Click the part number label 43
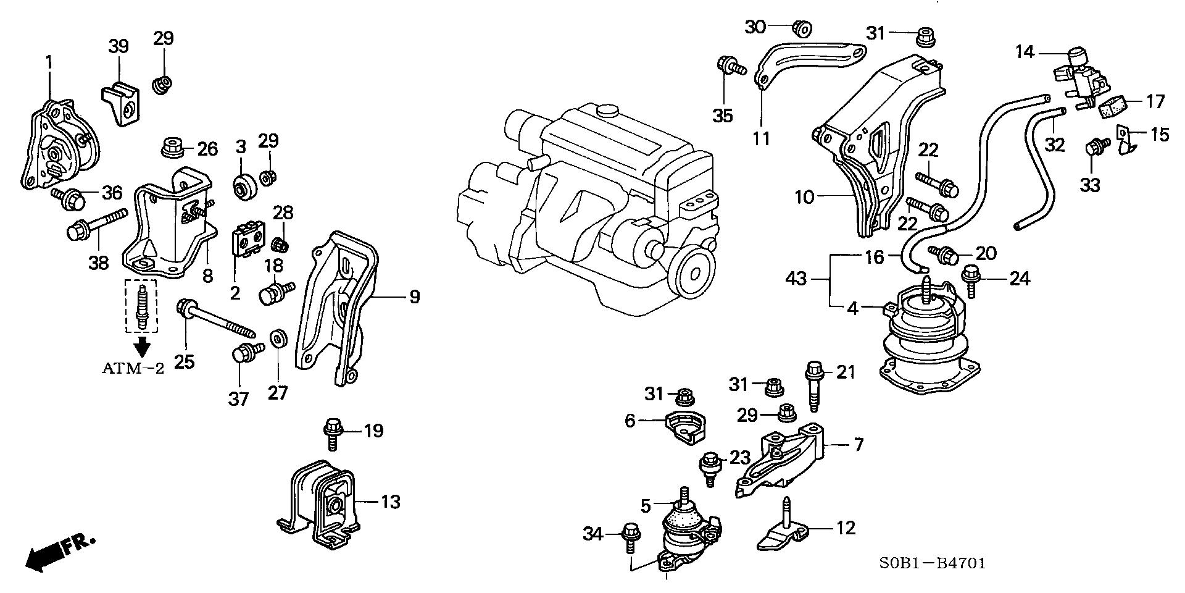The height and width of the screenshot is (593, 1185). click(797, 279)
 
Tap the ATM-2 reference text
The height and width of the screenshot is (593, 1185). click(133, 369)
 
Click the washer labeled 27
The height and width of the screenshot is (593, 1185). click(278, 339)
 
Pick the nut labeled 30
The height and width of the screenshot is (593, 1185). click(802, 28)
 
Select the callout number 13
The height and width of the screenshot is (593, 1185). click(390, 502)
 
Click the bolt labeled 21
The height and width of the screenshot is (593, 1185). click(813, 385)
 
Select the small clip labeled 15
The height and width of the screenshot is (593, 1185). click(1128, 140)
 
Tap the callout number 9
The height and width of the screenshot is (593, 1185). click(414, 297)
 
